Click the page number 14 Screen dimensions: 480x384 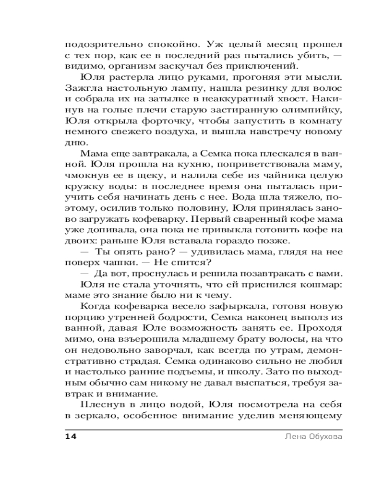(x=71, y=436)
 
